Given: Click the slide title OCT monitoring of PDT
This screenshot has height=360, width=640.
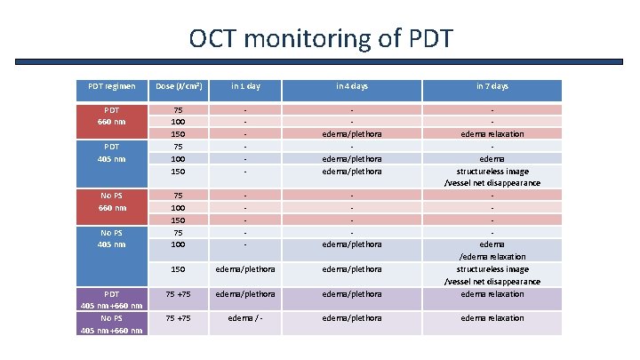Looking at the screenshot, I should click(320, 39).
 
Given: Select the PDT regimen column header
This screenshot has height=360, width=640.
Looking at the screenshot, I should click(112, 86).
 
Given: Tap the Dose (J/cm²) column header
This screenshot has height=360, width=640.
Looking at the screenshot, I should click(179, 86).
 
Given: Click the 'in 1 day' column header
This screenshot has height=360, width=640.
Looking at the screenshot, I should click(243, 86).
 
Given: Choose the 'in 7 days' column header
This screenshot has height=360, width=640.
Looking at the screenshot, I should click(492, 86).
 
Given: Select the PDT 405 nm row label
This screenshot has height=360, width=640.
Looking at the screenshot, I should click(112, 152).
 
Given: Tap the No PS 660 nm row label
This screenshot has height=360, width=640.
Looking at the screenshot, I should click(112, 201).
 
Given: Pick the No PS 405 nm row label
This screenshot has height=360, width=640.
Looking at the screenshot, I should click(112, 237).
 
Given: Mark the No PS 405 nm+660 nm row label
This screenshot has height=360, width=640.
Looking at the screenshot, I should click(112, 324).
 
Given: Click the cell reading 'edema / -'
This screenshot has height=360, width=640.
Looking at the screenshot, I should click(243, 318).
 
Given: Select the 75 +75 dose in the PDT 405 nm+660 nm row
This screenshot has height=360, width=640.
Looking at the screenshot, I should click(179, 294).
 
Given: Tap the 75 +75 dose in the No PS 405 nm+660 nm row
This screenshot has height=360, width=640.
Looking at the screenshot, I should click(179, 318).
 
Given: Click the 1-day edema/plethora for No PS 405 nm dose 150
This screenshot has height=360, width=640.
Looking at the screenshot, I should click(243, 269).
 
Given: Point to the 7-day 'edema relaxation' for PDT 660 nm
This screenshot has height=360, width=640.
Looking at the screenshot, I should click(492, 134).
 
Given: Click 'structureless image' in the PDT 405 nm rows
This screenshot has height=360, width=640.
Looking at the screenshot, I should click(492, 171).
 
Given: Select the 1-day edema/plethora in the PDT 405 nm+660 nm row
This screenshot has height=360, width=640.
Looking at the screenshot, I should click(243, 294).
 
